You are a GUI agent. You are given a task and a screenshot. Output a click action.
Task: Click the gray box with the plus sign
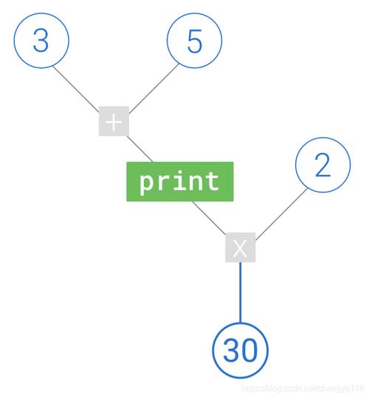click(114, 121)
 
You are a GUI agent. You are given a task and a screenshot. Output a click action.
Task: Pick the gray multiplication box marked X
click(241, 247)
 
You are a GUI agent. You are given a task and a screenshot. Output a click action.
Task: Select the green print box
click(180, 181)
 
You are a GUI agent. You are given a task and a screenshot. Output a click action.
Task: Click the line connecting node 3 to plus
click(76, 89)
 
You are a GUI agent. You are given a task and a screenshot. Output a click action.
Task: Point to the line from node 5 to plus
click(154, 88)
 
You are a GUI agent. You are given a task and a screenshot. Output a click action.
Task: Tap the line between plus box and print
click(139, 149)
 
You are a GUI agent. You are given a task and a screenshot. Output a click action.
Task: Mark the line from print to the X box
click(208, 217)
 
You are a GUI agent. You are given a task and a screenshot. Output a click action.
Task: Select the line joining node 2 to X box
click(281, 215)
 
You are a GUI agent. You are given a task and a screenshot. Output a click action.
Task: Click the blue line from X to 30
click(241, 292)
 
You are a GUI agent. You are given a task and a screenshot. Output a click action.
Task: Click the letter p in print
click(147, 183)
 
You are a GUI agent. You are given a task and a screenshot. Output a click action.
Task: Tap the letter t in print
click(212, 181)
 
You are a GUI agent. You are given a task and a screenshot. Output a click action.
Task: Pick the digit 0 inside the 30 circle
click(249, 350)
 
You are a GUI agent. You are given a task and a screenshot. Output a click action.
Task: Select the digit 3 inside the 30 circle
click(231, 350)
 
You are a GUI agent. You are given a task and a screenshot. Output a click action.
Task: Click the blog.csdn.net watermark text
click(303, 388)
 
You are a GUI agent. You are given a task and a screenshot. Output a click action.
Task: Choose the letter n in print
click(196, 182)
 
